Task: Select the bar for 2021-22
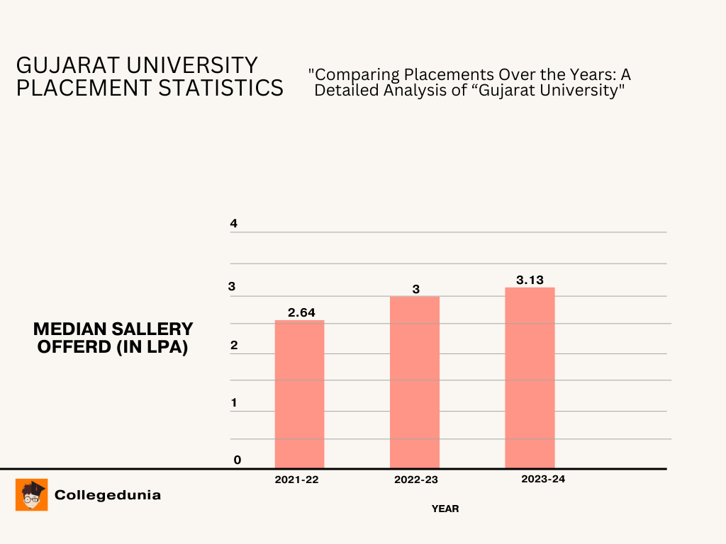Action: (x=299, y=394)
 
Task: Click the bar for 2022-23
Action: (x=415, y=382)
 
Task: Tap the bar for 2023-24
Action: (x=530, y=378)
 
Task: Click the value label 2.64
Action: (x=301, y=312)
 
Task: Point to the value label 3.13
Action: (x=530, y=280)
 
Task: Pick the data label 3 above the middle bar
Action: (x=415, y=289)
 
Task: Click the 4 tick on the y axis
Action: (x=233, y=224)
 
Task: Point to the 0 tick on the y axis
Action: (x=238, y=460)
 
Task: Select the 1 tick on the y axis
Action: (x=233, y=403)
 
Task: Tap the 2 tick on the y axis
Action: (x=233, y=346)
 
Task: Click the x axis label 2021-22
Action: (x=296, y=480)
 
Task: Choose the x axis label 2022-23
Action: (x=415, y=480)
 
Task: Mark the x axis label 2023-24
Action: (x=543, y=479)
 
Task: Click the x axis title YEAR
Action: (x=445, y=509)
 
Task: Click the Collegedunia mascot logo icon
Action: (x=32, y=494)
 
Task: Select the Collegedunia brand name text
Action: (x=108, y=495)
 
